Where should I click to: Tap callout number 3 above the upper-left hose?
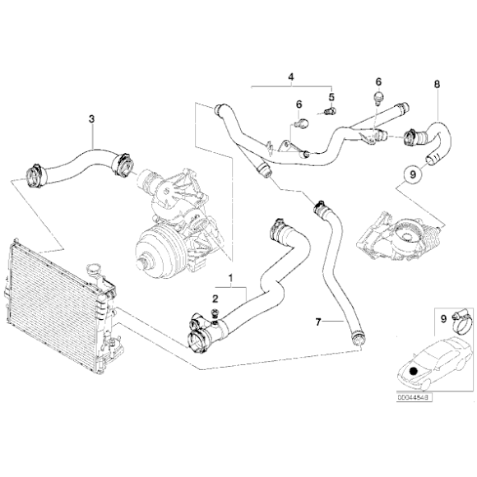click(91, 119)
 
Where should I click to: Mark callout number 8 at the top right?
click(437, 84)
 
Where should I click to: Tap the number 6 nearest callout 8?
click(379, 82)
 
